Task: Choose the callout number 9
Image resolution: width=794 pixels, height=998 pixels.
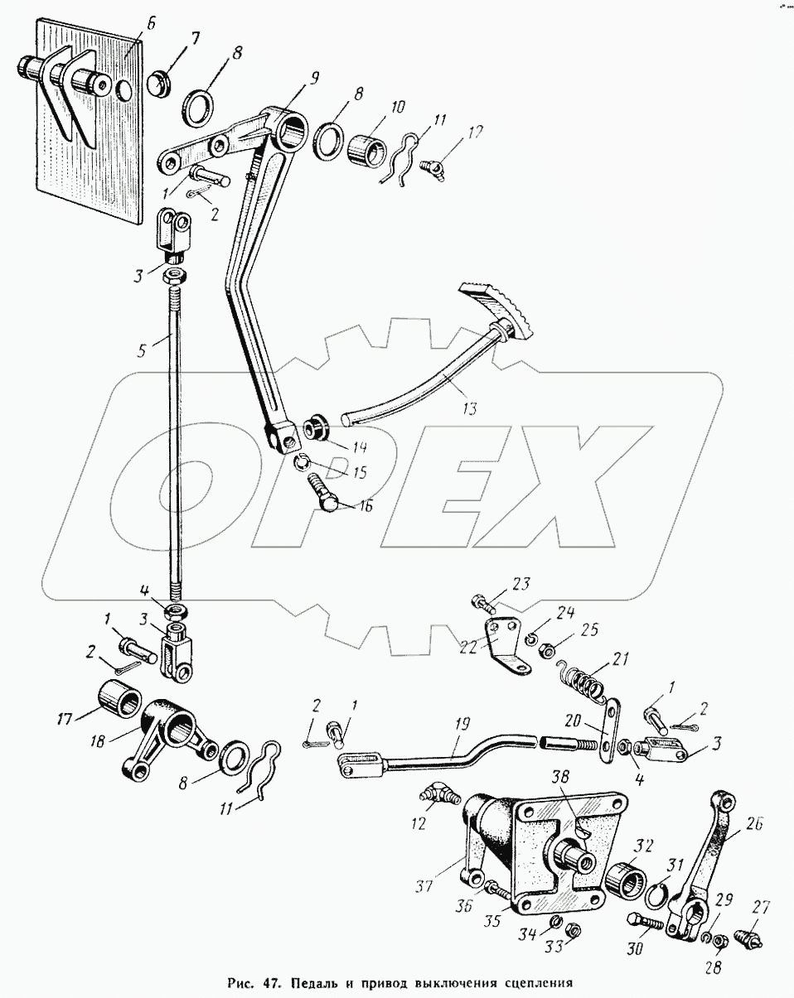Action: [x=315, y=80]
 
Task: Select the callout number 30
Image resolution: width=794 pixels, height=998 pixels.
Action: [x=636, y=950]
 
